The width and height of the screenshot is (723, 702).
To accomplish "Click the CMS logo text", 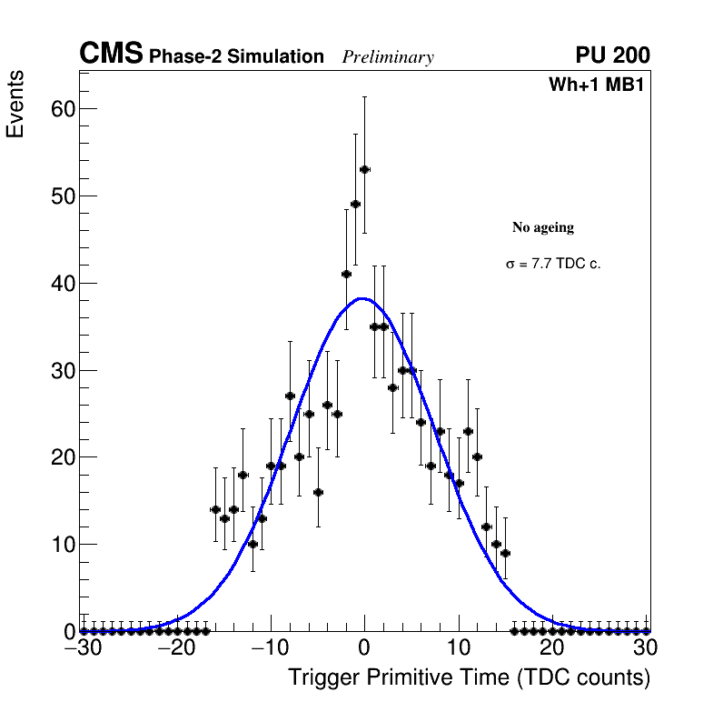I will pyautogui.click(x=111, y=55).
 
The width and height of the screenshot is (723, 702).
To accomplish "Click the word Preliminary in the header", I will pyautogui.click(x=388, y=57).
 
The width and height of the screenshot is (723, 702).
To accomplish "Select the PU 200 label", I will pyautogui.click(x=612, y=55).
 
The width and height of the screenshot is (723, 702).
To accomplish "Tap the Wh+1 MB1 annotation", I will pyautogui.click(x=596, y=85).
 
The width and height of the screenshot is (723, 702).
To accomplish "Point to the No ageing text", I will pyautogui.click(x=543, y=227).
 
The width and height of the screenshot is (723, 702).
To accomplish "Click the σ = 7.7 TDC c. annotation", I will pyautogui.click(x=553, y=265).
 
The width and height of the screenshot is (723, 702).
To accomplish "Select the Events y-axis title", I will pyautogui.click(x=15, y=104).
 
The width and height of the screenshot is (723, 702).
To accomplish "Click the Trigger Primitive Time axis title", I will pyautogui.click(x=469, y=678).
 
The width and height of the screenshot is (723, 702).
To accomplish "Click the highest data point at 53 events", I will pyautogui.click(x=364, y=169).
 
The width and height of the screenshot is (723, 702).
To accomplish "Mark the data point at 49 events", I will pyautogui.click(x=355, y=204).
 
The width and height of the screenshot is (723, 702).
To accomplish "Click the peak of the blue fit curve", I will pyautogui.click(x=363, y=298).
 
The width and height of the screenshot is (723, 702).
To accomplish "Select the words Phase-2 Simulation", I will pyautogui.click(x=236, y=57).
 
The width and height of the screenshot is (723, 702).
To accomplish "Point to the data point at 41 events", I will pyautogui.click(x=346, y=274).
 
